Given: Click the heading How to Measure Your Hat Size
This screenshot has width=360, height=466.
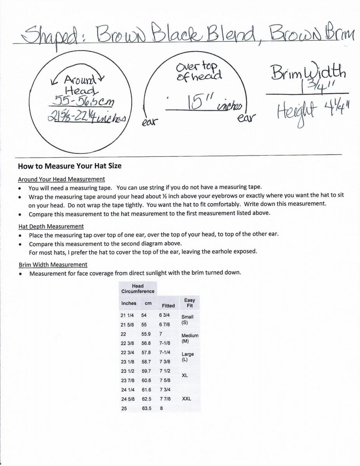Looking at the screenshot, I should click(70, 166).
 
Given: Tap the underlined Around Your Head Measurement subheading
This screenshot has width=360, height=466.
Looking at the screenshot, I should click(61, 179).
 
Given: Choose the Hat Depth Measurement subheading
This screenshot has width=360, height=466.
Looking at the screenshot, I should click(51, 226).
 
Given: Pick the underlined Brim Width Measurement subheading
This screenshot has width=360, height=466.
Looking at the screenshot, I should click(53, 265).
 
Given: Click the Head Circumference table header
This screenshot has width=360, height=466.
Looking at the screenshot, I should click(137, 289).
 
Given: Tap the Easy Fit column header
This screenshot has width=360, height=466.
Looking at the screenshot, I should click(190, 303).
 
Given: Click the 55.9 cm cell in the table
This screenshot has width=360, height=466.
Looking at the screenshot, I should click(146, 334).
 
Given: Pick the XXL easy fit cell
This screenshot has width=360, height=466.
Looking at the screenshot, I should click(186, 399).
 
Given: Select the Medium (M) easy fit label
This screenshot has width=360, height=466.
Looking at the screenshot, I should click(190, 338).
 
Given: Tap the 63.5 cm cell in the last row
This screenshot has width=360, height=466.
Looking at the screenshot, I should click(146, 409).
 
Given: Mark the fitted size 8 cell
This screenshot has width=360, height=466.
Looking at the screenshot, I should click(161, 409).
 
